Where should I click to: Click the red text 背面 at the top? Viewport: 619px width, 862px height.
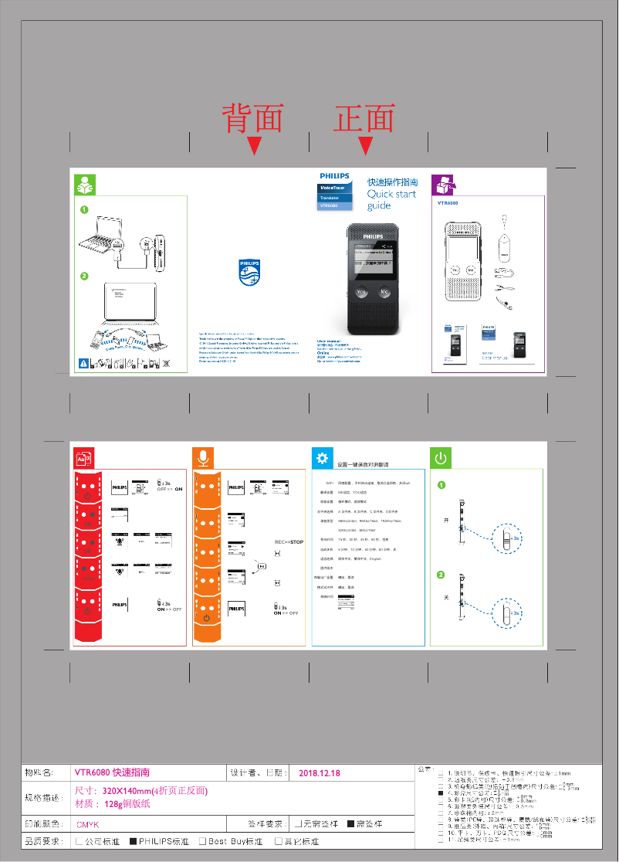[x=253, y=118]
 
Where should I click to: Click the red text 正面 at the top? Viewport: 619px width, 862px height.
[x=364, y=118]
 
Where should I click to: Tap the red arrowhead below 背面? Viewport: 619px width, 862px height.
[x=255, y=145]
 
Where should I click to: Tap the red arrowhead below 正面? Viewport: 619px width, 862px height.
[x=366, y=145]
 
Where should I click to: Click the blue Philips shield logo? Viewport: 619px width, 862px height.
[x=249, y=272]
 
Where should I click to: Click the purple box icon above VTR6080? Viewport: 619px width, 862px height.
[x=442, y=185]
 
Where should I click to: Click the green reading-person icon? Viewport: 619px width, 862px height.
[x=84, y=185]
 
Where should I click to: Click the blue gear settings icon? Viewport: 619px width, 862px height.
[x=322, y=457]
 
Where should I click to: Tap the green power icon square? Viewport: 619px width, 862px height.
[x=440, y=458]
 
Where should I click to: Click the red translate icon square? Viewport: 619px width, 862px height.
[x=83, y=458]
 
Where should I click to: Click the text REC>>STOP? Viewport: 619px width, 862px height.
[x=289, y=542]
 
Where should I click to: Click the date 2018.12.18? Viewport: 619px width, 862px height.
[x=319, y=773]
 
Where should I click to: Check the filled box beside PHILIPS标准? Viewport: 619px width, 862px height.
[x=133, y=842]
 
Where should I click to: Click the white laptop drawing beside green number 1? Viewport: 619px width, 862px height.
[x=104, y=236]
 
